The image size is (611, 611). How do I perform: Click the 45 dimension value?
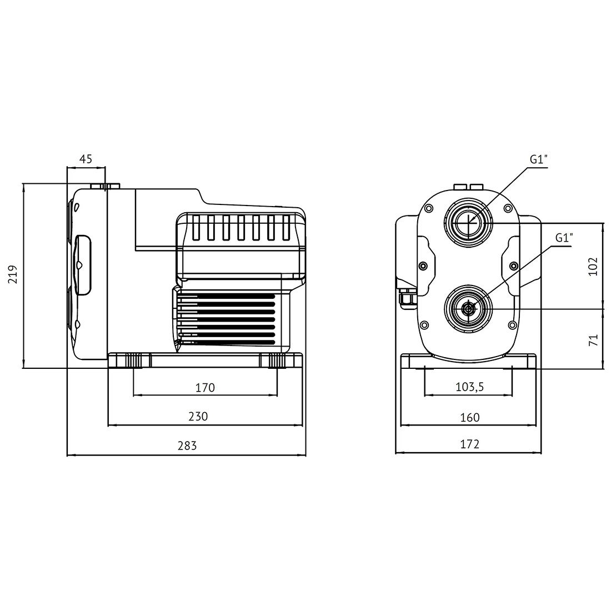pyautogui.click(x=86, y=159)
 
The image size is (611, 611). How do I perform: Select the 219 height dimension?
pyautogui.click(x=13, y=274)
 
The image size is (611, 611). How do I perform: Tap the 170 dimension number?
pyautogui.click(x=205, y=387)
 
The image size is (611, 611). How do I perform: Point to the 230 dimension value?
pyautogui.click(x=198, y=417)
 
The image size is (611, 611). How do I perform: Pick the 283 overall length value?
pyautogui.click(x=187, y=445)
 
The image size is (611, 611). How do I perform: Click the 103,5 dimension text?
pyautogui.click(x=469, y=387)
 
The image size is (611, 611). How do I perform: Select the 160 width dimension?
pyautogui.click(x=469, y=418)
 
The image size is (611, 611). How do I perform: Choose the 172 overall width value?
pyautogui.click(x=469, y=444)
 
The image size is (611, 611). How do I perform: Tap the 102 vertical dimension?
pyautogui.click(x=593, y=267)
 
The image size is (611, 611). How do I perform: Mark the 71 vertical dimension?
pyautogui.click(x=593, y=340)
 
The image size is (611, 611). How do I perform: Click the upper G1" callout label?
pyautogui.click(x=539, y=159)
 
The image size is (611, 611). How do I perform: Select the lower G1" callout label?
pyautogui.click(x=564, y=237)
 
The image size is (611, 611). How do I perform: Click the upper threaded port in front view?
pyautogui.click(x=468, y=223)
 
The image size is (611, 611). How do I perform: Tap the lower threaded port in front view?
pyautogui.click(x=468, y=309)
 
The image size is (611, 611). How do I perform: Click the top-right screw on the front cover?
pyautogui.click(x=508, y=208)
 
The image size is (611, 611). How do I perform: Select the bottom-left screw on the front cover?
pyautogui.click(x=424, y=325)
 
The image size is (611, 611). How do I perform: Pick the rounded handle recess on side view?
pyautogui.click(x=82, y=264)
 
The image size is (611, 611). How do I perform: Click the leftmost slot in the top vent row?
pyautogui.click(x=196, y=227)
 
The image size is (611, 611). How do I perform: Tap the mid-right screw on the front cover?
pyautogui.click(x=514, y=266)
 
